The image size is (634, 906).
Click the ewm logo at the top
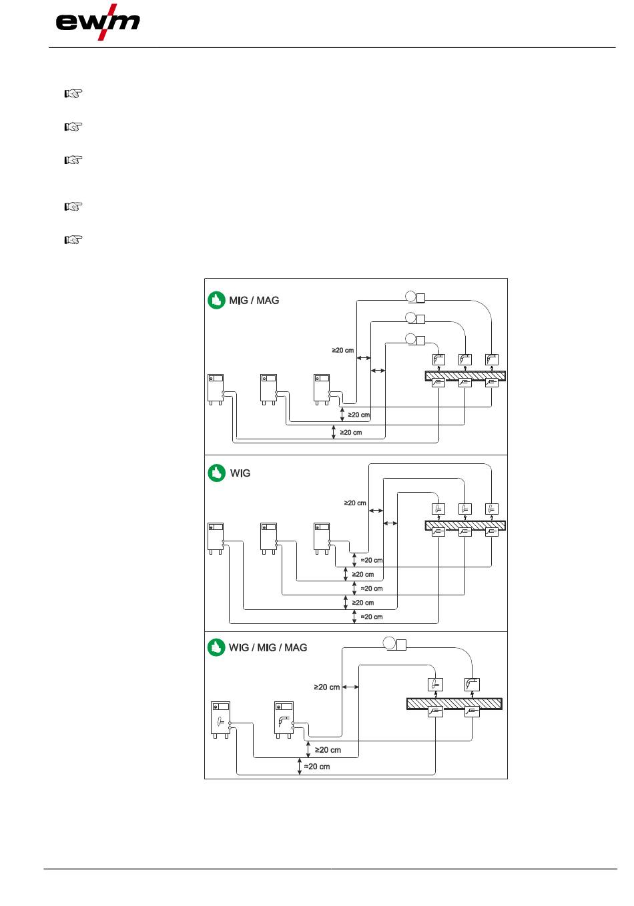97,22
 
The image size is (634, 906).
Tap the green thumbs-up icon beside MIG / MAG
216,300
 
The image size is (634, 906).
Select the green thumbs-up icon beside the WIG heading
216,473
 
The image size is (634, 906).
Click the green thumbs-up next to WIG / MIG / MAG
216,647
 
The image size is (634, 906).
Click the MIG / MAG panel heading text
254,301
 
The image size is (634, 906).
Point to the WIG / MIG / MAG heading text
268,647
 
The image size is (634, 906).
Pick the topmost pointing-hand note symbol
73,94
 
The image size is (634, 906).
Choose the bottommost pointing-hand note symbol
73,240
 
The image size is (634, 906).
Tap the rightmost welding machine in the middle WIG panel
322,539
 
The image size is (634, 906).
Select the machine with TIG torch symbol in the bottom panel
221,719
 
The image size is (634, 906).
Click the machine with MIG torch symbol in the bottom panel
284,719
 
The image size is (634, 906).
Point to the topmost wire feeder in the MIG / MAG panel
415,297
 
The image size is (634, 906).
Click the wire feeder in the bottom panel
394,643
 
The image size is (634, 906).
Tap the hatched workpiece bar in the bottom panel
454,704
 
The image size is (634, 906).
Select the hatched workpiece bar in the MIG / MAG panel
465,376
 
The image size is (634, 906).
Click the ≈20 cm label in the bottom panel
317,767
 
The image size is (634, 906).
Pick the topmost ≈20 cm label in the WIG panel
371,560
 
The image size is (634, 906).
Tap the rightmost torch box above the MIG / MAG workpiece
491,359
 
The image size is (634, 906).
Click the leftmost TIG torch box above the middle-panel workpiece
438,509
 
